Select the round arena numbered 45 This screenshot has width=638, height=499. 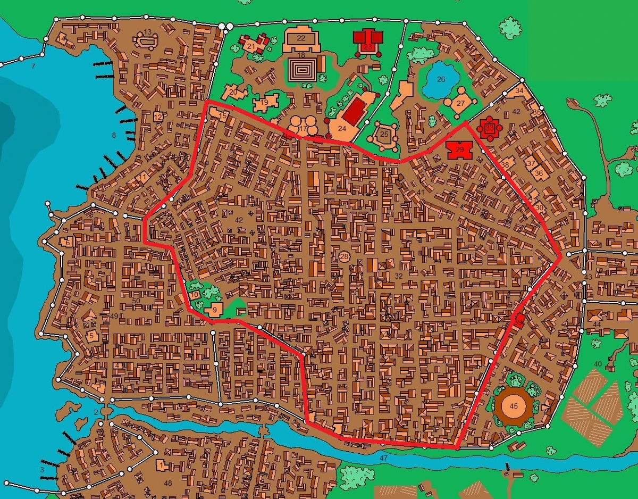(x=513, y=406)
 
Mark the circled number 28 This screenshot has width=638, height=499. (x=344, y=257)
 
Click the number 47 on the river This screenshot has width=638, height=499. (x=384, y=458)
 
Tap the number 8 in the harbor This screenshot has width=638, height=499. (x=113, y=136)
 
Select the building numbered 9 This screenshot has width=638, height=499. (x=214, y=309)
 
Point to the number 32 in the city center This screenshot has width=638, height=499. (x=399, y=276)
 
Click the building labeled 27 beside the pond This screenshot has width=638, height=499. (x=460, y=103)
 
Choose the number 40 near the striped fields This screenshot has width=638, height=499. (x=598, y=364)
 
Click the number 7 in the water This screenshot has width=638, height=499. (x=33, y=66)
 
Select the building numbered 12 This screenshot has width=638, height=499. (x=158, y=117)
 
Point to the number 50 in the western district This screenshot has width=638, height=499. (x=136, y=301)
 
